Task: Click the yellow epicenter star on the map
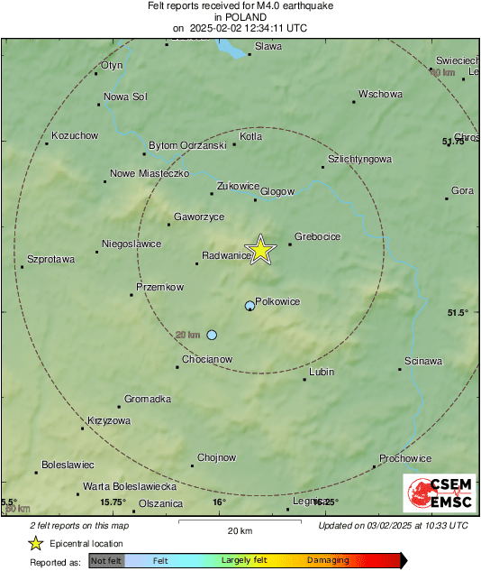tap(260, 250)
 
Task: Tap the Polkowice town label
tap(277, 301)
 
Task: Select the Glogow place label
tap(277, 191)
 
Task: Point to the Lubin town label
tap(321, 372)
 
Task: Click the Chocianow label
tap(207, 359)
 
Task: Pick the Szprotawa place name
tap(50, 258)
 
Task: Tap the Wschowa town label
tap(379, 94)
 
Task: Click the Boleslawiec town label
tap(68, 465)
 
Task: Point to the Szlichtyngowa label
tap(359, 159)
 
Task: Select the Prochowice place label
tap(405, 458)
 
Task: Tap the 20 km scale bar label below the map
tap(239, 530)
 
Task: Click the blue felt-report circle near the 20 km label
tap(212, 335)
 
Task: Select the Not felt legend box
tap(106, 560)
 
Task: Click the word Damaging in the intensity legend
tap(328, 560)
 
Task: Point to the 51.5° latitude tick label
tap(458, 312)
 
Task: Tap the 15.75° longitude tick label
tap(113, 502)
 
